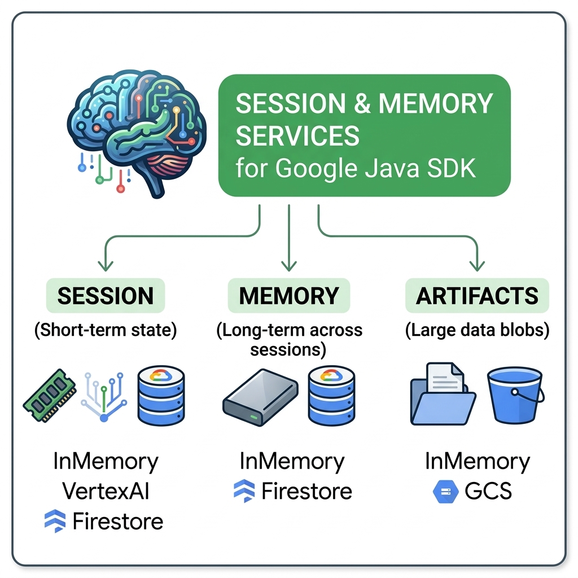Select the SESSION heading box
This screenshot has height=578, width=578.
pyautogui.click(x=106, y=296)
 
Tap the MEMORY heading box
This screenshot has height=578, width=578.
pyautogui.click(x=288, y=296)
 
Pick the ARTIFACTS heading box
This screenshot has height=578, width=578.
pyautogui.click(x=477, y=296)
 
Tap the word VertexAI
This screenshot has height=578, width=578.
pyautogui.click(x=106, y=491)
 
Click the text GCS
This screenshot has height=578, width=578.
pyautogui.click(x=488, y=492)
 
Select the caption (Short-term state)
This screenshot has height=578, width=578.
pyautogui.click(x=106, y=330)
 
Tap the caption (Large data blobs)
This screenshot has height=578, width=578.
pyautogui.click(x=478, y=330)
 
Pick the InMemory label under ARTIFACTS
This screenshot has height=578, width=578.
pyautogui.click(x=478, y=462)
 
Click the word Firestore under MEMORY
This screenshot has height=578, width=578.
pyautogui.click(x=306, y=491)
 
